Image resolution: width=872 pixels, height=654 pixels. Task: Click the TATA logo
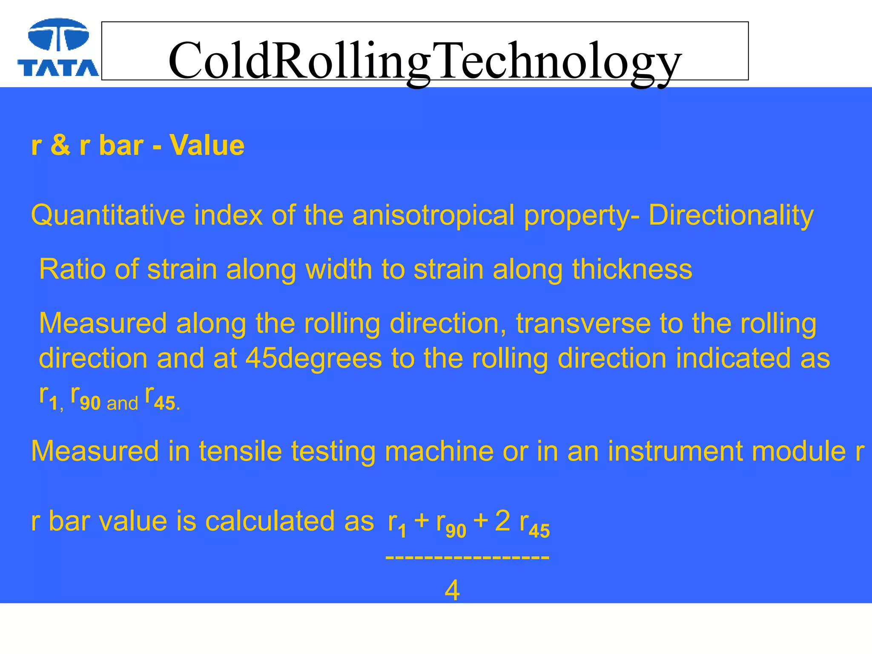pos(58,48)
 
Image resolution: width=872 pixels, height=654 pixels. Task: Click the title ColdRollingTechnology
pos(425,60)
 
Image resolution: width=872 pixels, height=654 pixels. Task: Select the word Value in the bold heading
pos(207,145)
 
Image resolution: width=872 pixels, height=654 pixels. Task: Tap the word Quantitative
pos(108,215)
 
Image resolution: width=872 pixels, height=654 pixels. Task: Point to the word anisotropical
pos(433,215)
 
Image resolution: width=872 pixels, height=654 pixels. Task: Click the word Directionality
pos(731,215)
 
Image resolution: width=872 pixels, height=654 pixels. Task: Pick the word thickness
pos(632,269)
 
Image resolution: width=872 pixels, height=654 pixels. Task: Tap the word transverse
pos(583,324)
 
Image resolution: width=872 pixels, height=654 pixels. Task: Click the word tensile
pos(241,451)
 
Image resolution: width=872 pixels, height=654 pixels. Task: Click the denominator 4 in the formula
pos(452,591)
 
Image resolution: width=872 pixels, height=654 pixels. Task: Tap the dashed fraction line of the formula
pos(467,557)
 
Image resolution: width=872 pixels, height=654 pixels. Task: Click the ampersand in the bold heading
pos(60,145)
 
